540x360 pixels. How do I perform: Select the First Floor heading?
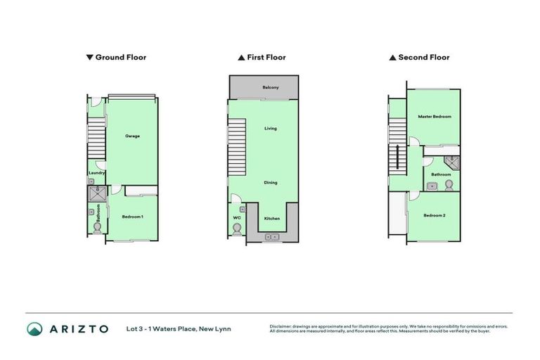pos(266,58)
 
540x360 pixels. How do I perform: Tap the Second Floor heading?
pos(423,58)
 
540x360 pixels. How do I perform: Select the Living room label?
pos(271,129)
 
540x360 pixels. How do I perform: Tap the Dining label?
pos(271,183)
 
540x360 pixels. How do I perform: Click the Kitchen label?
pos(271,219)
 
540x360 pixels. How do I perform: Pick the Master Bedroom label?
pos(434,117)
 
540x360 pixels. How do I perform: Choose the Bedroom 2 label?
pos(434,215)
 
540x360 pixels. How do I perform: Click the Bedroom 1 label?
pos(132,217)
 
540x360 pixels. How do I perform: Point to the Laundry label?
pos(97,173)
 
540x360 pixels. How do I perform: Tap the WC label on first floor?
pos(237,218)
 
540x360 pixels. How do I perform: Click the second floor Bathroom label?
pos(441,174)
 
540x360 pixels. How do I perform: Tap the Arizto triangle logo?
pos(34,328)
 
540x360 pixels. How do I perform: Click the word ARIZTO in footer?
pos(78,328)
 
